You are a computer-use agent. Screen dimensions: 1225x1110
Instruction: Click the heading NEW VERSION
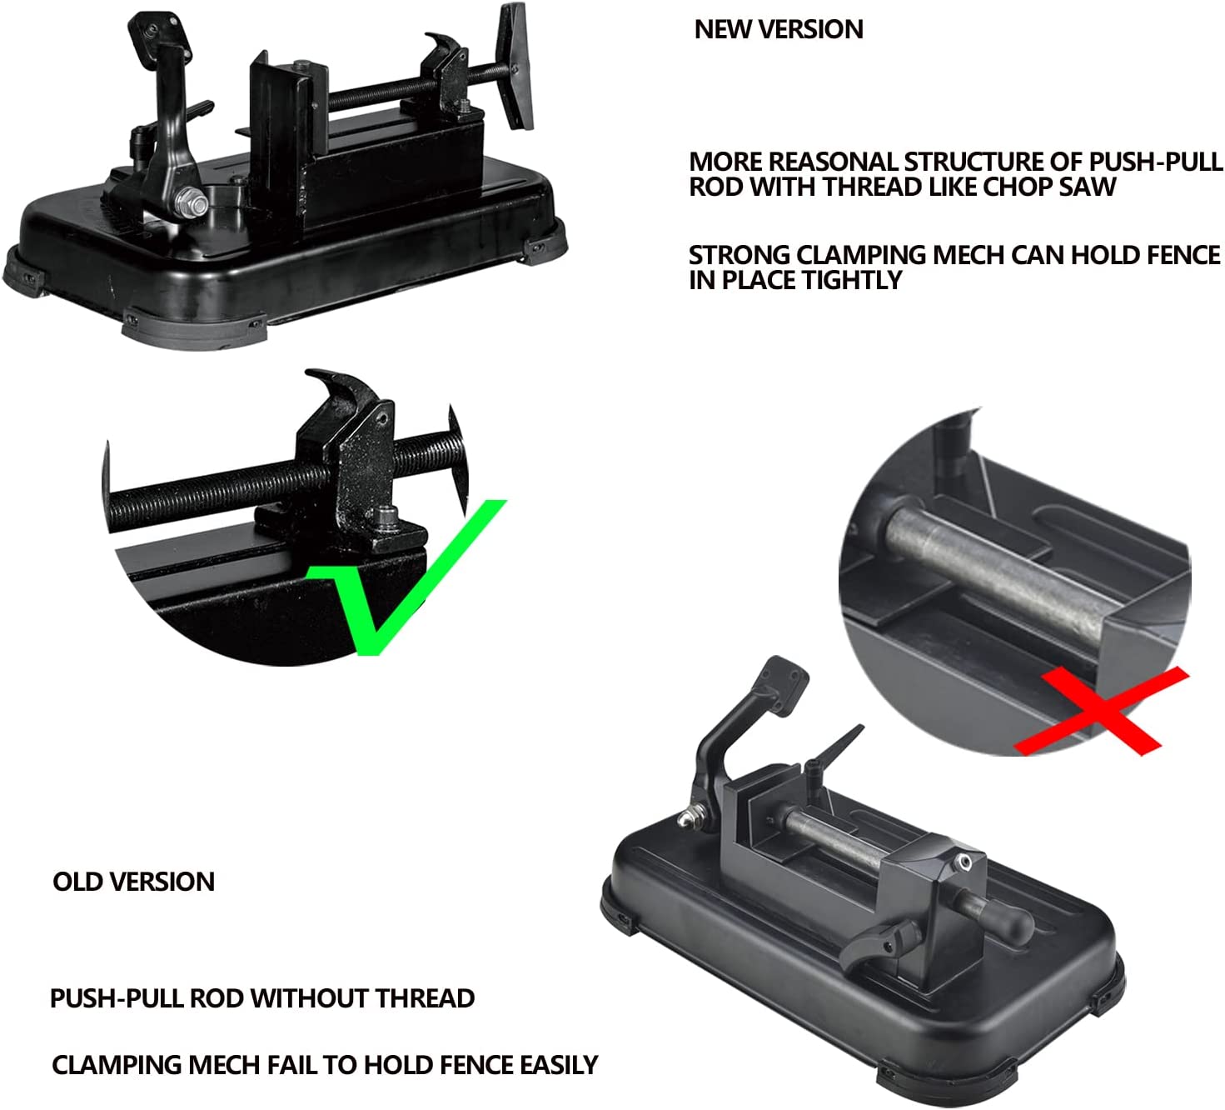(779, 29)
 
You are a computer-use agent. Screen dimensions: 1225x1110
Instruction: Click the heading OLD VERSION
(134, 882)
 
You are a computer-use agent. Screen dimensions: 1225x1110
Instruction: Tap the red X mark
(1101, 711)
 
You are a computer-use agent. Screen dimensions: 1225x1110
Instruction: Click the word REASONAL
(832, 162)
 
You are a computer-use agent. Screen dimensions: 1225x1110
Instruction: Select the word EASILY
(559, 1065)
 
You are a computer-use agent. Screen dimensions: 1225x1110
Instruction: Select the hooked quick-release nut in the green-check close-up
(348, 452)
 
